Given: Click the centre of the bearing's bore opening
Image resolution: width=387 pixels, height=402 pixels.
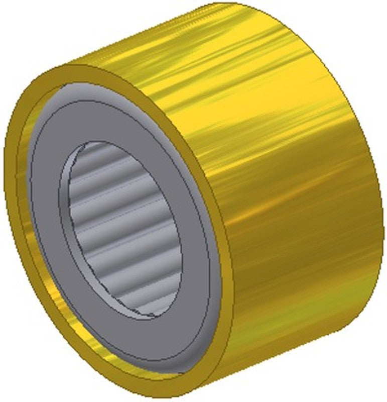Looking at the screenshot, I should click(x=123, y=229).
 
